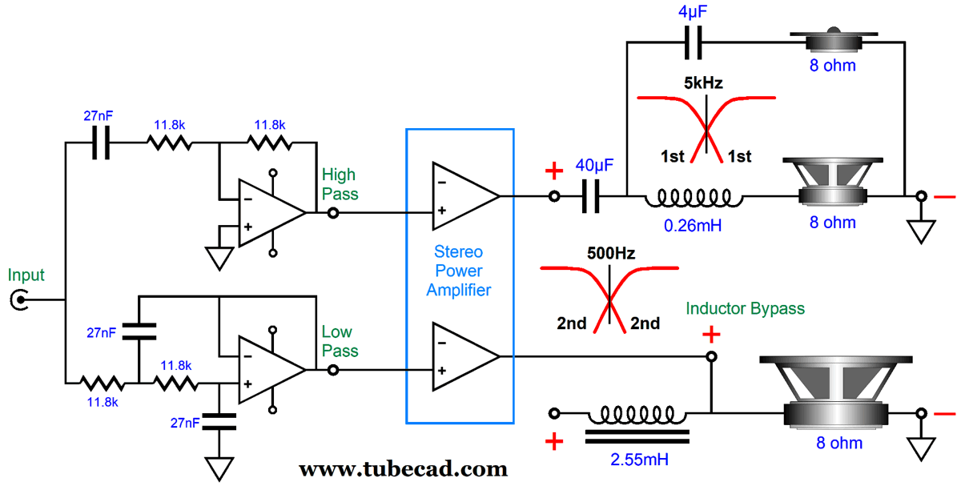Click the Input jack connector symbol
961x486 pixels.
pos(18,301)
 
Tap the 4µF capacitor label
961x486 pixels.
pos(694,14)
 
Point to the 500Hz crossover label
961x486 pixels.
pos(610,254)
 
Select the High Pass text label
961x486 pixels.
pos(340,184)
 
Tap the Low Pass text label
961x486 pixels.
pos(340,341)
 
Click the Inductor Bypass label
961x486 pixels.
pos(745,308)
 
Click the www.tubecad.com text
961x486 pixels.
pos(403,468)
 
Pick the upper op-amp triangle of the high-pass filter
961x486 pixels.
pos(269,212)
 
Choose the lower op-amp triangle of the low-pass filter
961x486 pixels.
pos(269,369)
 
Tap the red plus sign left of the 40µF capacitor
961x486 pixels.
pos(553,171)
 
